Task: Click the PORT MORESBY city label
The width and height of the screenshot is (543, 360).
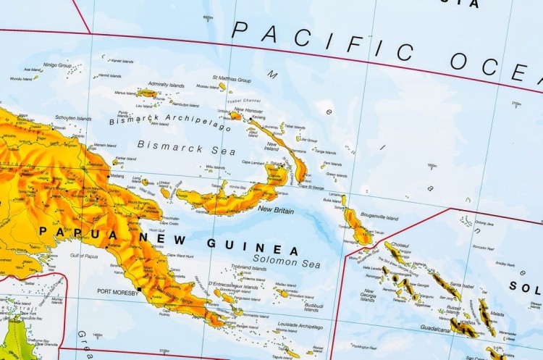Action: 117,292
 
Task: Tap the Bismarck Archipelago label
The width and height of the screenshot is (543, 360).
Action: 170,119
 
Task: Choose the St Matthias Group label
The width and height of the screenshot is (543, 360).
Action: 232,79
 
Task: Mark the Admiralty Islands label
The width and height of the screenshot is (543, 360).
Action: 167,85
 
